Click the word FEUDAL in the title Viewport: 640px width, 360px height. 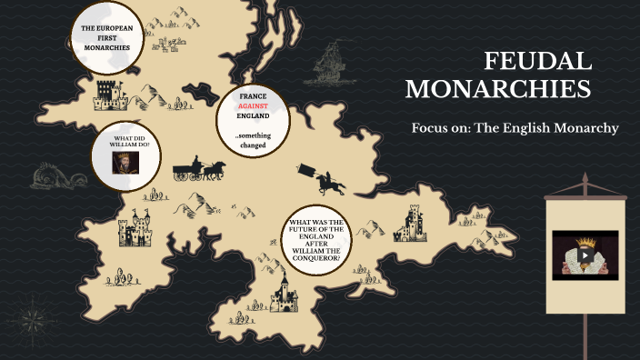[x=537, y=61]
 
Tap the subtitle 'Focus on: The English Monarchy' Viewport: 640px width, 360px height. [x=515, y=128]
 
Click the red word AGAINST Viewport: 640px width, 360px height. [x=253, y=105]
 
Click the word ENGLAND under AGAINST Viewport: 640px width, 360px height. [x=253, y=116]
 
